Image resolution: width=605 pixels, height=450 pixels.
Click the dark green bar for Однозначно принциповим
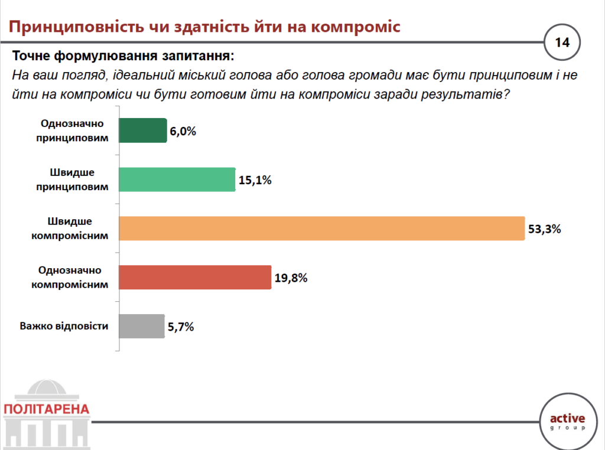143,131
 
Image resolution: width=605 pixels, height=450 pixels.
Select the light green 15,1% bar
177,180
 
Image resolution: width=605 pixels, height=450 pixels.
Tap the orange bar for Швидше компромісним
322,229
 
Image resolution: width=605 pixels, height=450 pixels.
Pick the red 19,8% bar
195,277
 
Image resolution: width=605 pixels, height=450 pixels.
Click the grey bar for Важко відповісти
142,326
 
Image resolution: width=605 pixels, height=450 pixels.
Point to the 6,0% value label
183,131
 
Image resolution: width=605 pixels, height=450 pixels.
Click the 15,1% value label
255,180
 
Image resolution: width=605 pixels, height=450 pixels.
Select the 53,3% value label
544,229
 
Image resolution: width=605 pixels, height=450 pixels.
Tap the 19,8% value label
291,278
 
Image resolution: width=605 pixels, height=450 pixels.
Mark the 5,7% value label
180,327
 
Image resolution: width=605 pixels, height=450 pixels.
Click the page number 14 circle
562,43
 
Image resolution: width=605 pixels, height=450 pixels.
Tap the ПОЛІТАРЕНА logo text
46,409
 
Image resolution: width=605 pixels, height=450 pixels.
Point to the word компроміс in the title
354,27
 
